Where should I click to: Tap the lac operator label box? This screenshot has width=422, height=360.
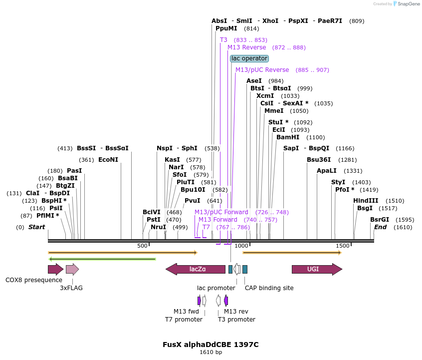tap(249, 58)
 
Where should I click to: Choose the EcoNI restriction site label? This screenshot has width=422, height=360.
tap(108, 160)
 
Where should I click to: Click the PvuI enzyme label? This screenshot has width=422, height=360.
tap(193, 201)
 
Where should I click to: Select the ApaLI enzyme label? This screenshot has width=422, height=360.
tap(327, 171)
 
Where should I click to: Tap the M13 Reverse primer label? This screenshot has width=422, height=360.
tap(247, 47)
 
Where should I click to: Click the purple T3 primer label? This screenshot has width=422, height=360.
tap(223, 39)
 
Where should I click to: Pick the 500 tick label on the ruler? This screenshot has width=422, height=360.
tap(143, 246)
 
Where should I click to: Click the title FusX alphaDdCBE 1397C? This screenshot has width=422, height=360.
tap(211, 345)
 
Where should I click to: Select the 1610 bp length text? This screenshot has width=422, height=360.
tap(211, 353)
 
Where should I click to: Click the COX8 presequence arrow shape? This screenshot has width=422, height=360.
tap(55, 270)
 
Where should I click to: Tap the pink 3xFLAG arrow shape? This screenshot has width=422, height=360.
tap(72, 270)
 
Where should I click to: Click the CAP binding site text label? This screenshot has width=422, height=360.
tap(269, 288)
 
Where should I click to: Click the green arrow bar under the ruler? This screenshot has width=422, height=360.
tap(102, 259)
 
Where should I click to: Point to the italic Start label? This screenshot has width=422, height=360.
tap(36, 227)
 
